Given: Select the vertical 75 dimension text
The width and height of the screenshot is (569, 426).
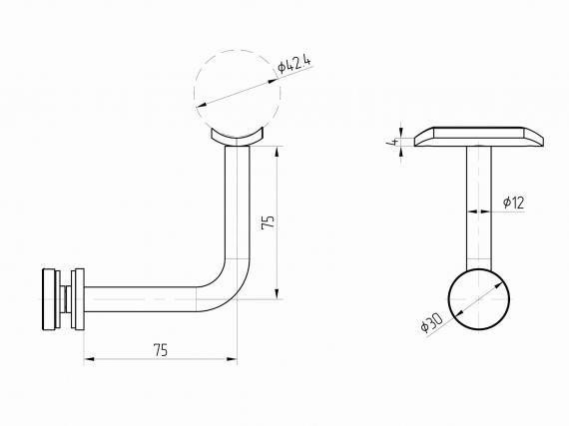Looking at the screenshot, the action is click(269, 221).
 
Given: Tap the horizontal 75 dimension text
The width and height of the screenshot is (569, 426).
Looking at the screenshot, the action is click(161, 350).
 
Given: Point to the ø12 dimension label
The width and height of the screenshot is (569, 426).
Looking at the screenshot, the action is click(514, 203).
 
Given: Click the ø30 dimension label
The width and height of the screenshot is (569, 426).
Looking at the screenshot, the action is click(431, 322).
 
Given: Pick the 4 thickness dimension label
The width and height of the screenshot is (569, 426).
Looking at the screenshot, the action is click(392, 142).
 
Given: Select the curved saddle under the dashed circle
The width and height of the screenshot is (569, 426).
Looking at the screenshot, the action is click(237, 138).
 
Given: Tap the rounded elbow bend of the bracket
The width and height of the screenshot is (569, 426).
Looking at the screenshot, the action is click(233, 290).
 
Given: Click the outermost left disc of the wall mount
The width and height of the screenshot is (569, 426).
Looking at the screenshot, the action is click(48, 299).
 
